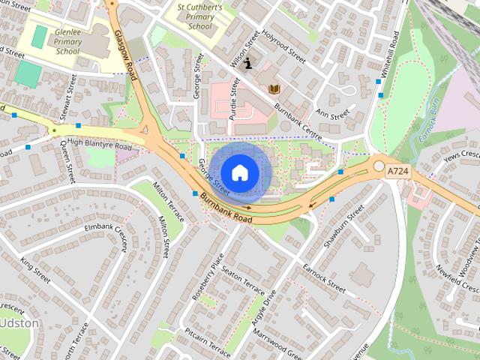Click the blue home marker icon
tap(239, 172)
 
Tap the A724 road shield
tap(399, 172)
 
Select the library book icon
tap(274, 88)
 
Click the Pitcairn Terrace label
tap(208, 343)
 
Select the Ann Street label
tap(333, 114)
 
